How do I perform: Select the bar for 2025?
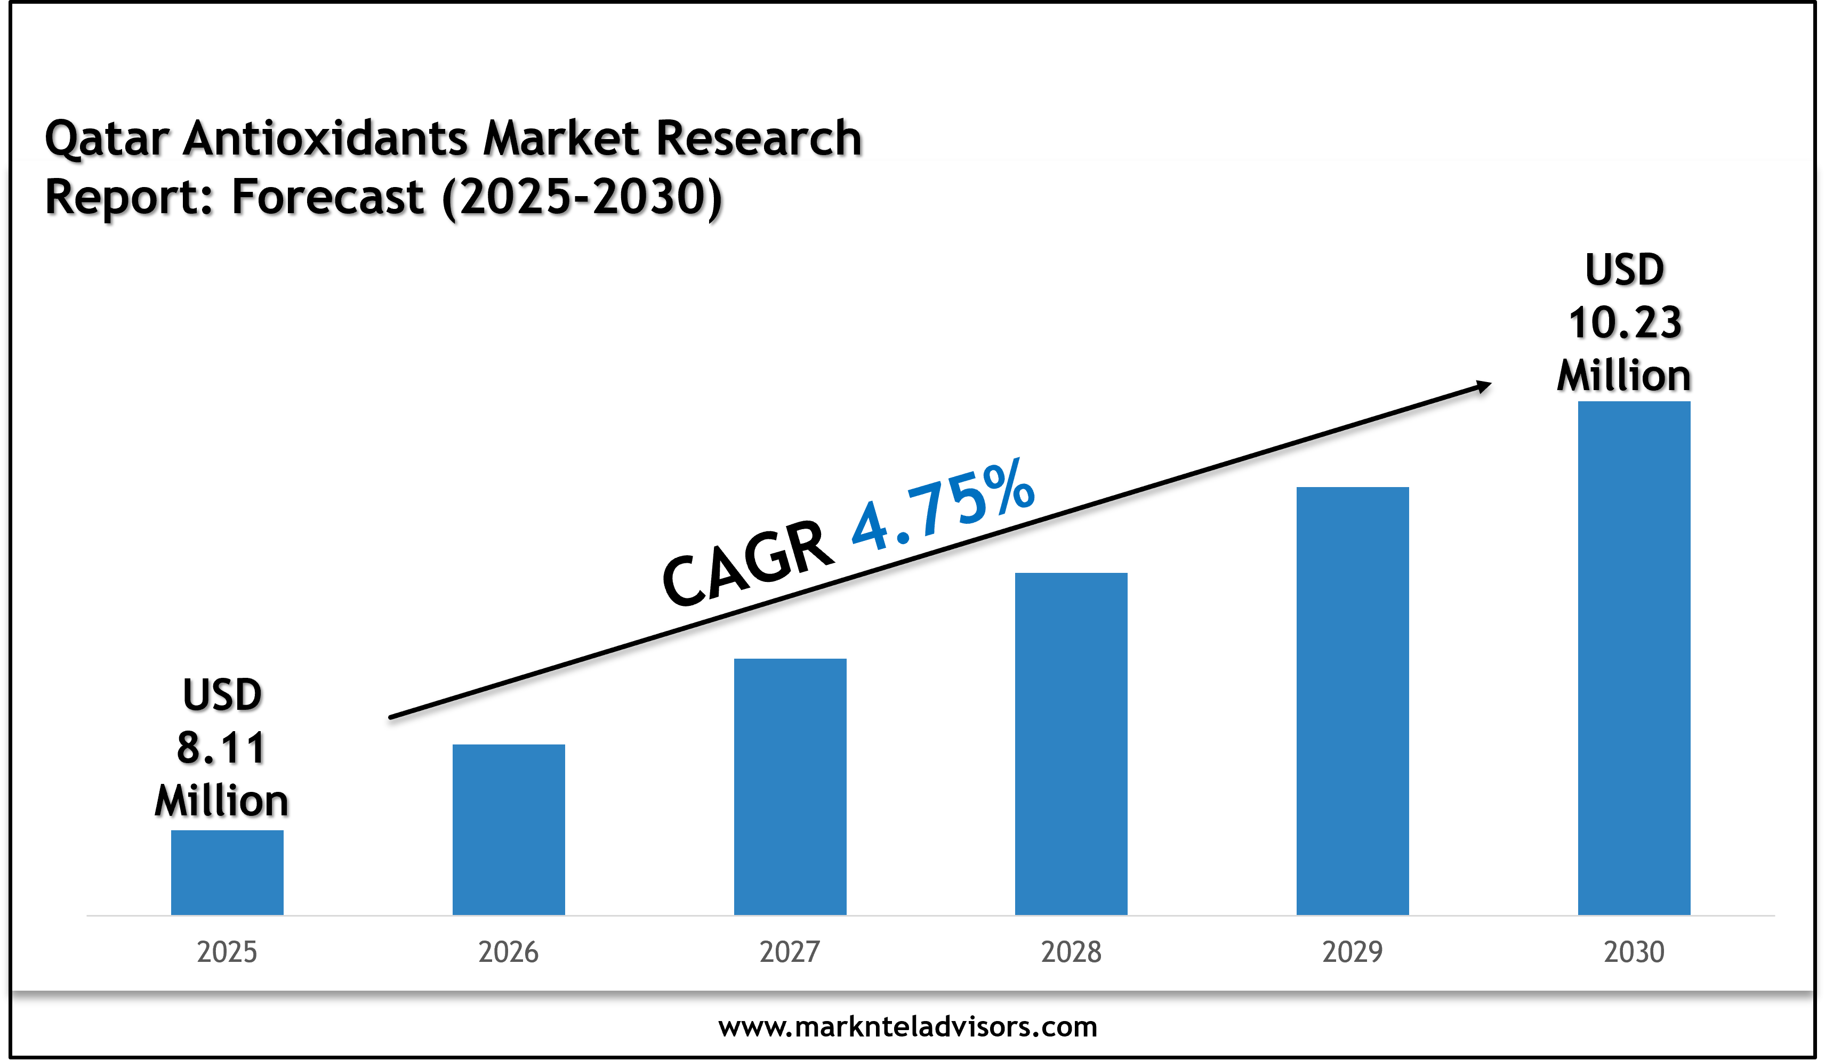tap(227, 872)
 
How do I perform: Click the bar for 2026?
tap(509, 829)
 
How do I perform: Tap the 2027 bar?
tap(790, 787)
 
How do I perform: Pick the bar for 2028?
tap(1071, 744)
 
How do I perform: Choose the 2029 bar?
tap(1352, 701)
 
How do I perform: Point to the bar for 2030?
tap(1634, 658)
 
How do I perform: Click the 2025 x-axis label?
tap(227, 952)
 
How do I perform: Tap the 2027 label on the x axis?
tap(790, 952)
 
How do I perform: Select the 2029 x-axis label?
tap(1352, 952)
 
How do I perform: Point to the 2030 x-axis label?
tap(1634, 952)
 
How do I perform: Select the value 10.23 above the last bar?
tap(1625, 323)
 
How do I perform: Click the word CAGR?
tap(747, 563)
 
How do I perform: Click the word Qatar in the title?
tap(107, 139)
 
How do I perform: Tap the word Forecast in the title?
tap(327, 197)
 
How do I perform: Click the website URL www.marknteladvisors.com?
tap(907, 1026)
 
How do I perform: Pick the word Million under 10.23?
tap(1623, 376)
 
